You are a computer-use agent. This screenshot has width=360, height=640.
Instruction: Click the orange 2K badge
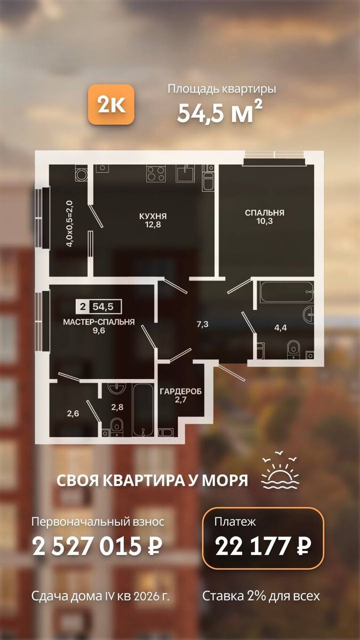(x=111, y=105)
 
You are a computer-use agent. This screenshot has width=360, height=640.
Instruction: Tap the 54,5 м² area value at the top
(x=219, y=111)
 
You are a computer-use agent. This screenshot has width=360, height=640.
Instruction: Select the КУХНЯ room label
(x=153, y=216)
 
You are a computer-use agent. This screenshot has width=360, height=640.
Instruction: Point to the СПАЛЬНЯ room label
(x=265, y=213)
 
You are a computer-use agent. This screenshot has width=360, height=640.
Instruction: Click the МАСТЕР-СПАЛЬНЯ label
(x=99, y=322)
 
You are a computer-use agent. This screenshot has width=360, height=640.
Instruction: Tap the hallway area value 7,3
(x=202, y=324)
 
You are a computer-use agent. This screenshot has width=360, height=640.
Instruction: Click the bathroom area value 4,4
(x=281, y=327)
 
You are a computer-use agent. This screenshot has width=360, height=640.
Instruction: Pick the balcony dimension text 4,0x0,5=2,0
(x=70, y=223)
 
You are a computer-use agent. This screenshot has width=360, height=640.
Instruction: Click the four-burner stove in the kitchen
(x=156, y=173)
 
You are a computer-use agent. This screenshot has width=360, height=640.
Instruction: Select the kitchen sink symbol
(x=185, y=173)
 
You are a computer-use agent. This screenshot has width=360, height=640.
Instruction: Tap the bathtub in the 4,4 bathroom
(x=286, y=292)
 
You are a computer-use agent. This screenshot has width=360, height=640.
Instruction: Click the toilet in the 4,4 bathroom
(x=293, y=349)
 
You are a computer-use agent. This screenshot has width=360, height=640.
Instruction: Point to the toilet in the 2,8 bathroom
(x=116, y=427)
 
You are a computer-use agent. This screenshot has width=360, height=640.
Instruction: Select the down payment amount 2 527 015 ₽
(x=97, y=546)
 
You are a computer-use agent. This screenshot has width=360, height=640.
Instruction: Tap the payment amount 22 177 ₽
(x=263, y=545)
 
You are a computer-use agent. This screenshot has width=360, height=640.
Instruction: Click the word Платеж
(x=235, y=522)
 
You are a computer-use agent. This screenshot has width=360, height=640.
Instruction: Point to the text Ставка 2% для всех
(x=261, y=596)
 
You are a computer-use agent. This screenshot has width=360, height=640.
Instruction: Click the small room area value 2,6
(x=73, y=413)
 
